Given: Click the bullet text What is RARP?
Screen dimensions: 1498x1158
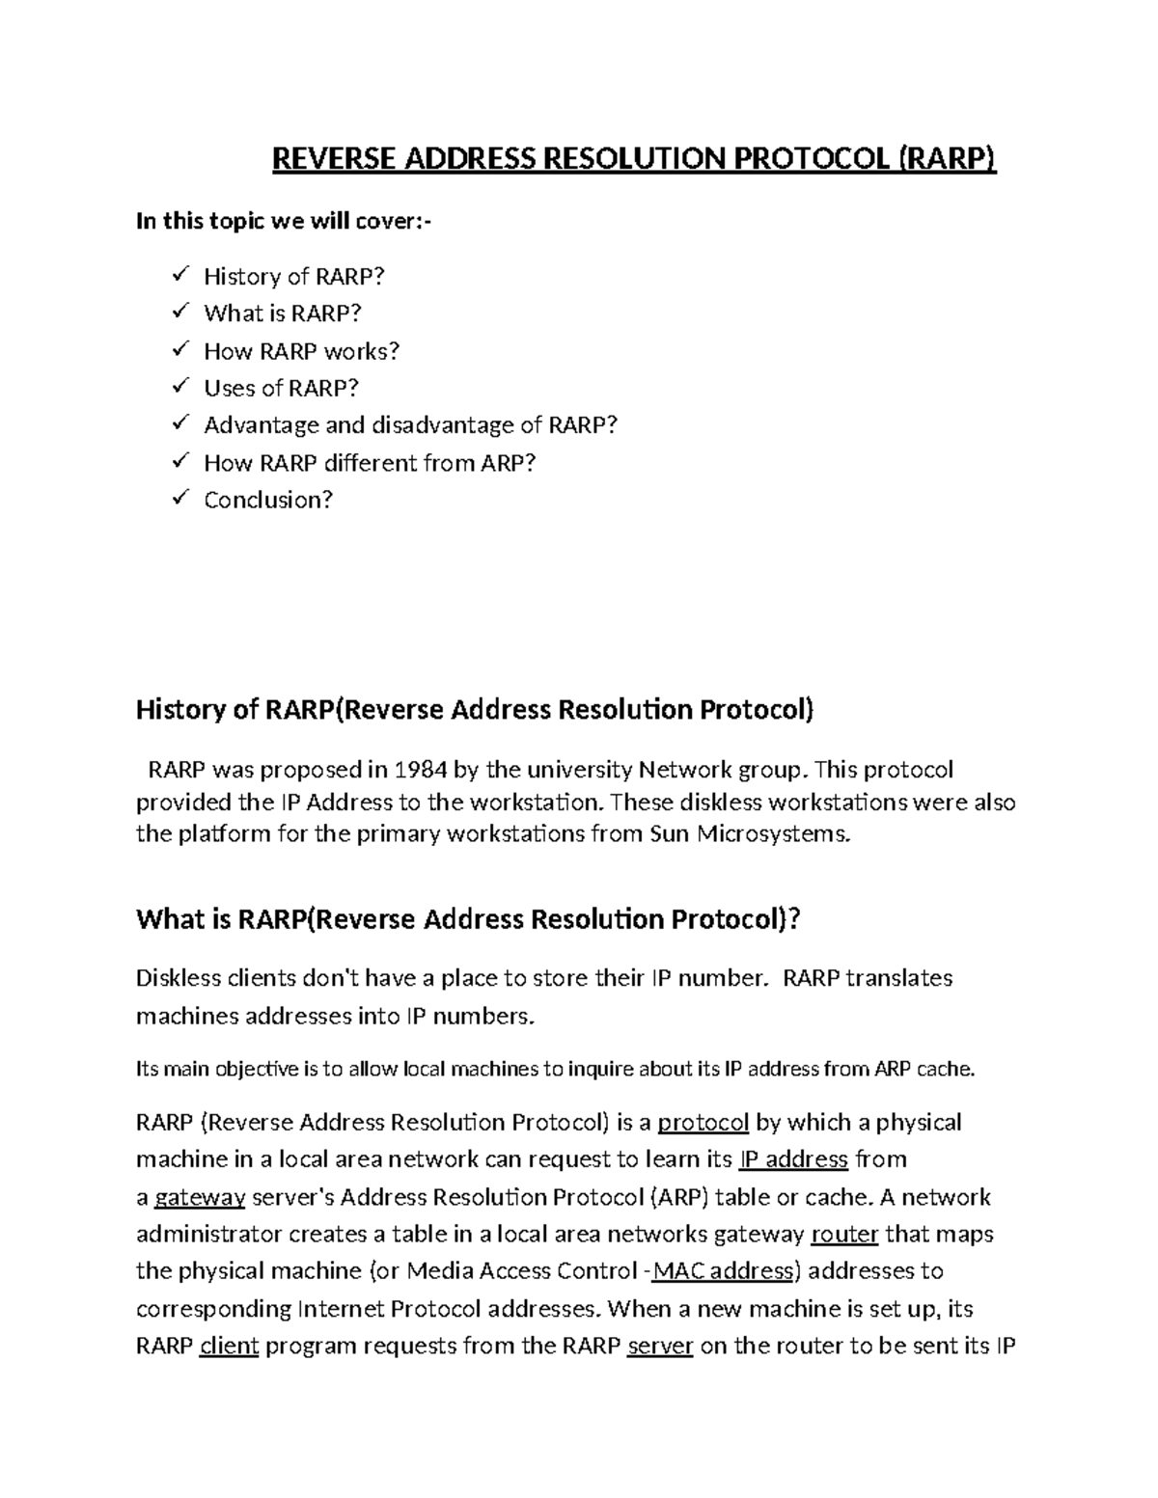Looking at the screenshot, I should coord(282,313).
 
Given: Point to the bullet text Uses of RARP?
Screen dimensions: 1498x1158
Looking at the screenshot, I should coord(281,389).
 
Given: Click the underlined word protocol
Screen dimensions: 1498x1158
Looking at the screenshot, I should coord(703,1123).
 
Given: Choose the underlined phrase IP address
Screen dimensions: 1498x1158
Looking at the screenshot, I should coord(792,1159).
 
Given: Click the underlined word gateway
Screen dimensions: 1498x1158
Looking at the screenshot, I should coord(200,1198).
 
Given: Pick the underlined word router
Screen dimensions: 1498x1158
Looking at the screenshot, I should coord(844,1235).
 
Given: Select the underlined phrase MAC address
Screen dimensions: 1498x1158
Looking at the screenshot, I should coord(723,1271).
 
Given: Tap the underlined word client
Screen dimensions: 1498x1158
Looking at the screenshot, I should coord(229,1347).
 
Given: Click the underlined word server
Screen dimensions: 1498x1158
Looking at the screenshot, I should coord(660,1347).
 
